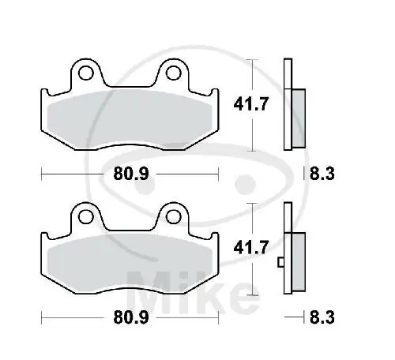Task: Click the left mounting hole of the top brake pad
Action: (88, 74)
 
